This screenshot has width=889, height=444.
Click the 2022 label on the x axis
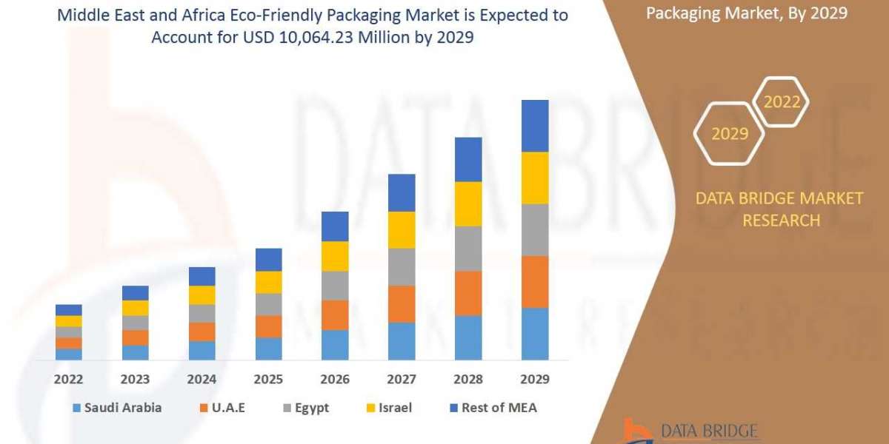pyautogui.click(x=68, y=380)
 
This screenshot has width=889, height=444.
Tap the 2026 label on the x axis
pyautogui.click(x=335, y=380)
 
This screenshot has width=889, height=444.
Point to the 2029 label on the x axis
pyautogui.click(x=535, y=380)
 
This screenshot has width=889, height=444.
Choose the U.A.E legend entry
pyautogui.click(x=225, y=408)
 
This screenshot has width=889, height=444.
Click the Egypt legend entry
pyautogui.click(x=305, y=408)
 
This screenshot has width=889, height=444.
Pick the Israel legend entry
pyautogui.click(x=387, y=408)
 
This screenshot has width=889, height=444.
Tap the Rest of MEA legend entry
pyautogui.click(x=492, y=408)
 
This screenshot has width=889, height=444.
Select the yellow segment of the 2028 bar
pyautogui.click(x=468, y=203)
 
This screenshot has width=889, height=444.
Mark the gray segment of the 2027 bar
pyautogui.click(x=402, y=267)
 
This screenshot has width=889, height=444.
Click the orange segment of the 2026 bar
pyautogui.click(x=335, y=315)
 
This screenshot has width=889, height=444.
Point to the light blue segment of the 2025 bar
pyautogui.click(x=268, y=349)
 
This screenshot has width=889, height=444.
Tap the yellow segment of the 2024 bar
pyautogui.click(x=202, y=295)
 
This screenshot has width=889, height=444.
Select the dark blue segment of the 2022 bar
pyautogui.click(x=68, y=310)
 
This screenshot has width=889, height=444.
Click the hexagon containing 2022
pyautogui.click(x=782, y=102)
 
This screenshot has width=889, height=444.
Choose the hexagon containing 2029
pyautogui.click(x=730, y=134)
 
